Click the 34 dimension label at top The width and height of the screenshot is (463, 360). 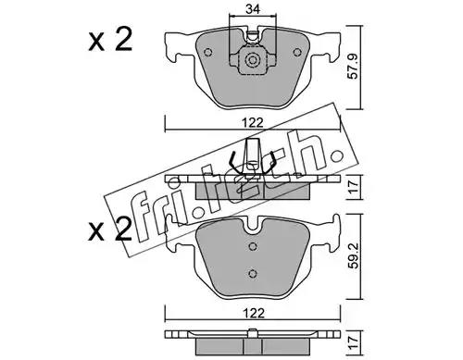click(253, 9)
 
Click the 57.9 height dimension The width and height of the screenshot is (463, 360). click(353, 67)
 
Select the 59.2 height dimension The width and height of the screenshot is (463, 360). click(353, 255)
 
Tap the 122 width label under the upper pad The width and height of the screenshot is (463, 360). click(253, 123)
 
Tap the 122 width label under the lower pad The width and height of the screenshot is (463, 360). click(254, 314)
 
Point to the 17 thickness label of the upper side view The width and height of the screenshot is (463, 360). click(353, 187)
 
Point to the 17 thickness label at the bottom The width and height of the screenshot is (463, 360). click(353, 342)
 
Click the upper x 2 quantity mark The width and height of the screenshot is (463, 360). click(110, 40)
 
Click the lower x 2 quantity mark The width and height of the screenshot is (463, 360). click(110, 230)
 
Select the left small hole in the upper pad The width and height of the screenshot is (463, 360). click(208, 53)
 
